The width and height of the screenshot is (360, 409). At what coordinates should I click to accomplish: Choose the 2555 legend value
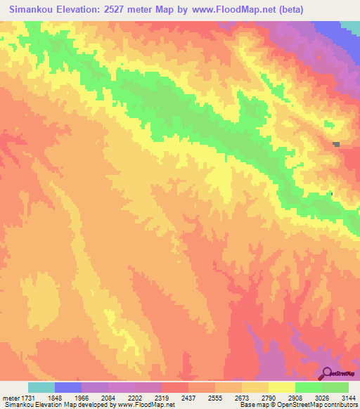pos(228,398)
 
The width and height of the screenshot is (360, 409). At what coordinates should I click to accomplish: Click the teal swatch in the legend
pos(41,387)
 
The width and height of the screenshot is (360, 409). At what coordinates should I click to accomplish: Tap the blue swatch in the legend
pos(68,387)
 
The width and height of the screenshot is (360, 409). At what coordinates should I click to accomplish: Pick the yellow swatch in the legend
pos(282,387)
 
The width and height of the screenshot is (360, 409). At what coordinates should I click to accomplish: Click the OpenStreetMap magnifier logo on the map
pos(328,373)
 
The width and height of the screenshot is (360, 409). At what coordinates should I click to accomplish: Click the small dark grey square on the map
pos(337,145)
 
